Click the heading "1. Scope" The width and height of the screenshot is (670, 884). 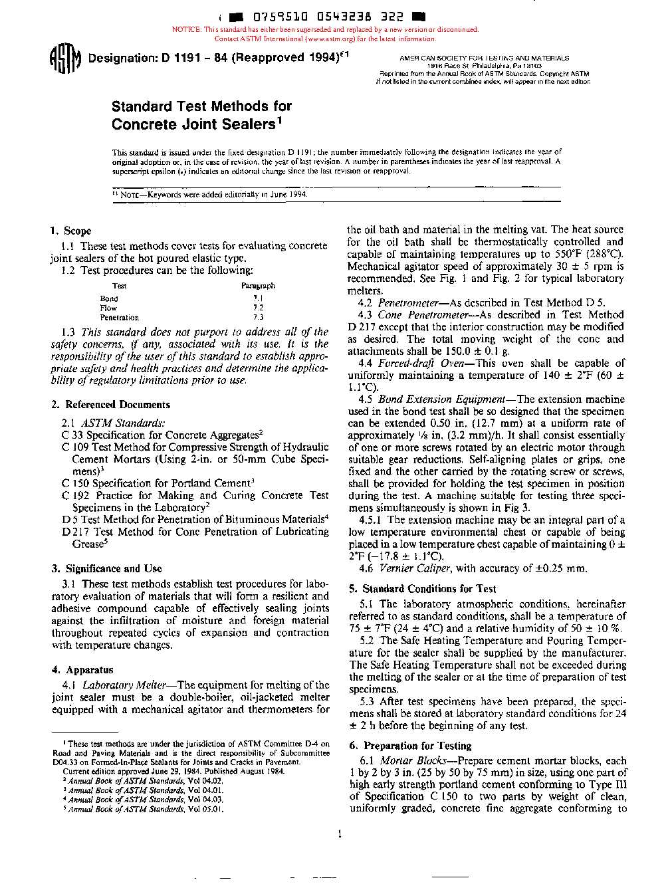click(70, 231)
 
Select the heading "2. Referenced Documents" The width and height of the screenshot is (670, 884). click(110, 404)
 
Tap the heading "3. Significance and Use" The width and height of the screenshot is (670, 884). click(106, 568)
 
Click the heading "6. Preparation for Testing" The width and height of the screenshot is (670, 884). click(410, 745)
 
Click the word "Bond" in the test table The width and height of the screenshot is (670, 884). click(109, 298)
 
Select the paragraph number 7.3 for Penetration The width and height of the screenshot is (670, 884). click(258, 317)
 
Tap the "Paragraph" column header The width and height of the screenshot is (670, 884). click(258, 285)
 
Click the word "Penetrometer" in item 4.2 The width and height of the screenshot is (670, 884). click(408, 302)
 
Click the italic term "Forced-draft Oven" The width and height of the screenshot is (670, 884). click(415, 363)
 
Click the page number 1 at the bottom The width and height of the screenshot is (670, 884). click(340, 833)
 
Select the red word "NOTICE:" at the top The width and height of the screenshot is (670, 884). click(187, 29)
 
